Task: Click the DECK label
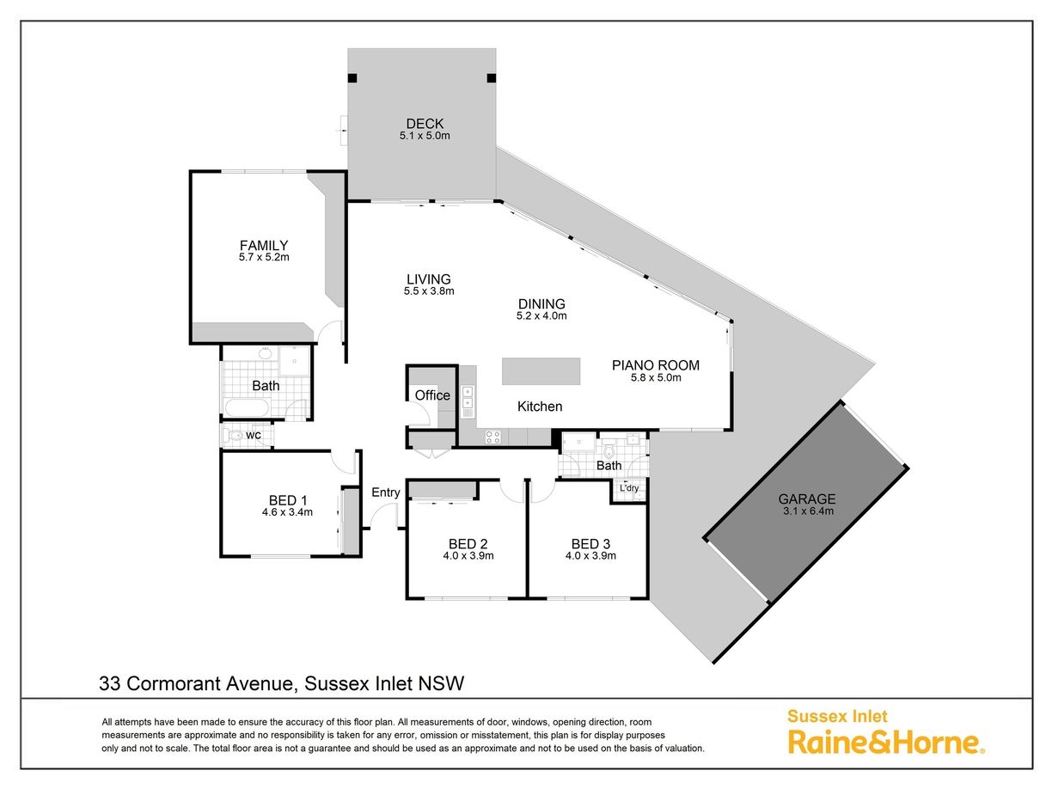coord(425,124)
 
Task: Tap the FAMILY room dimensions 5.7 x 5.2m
coord(264,257)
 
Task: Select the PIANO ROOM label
coord(655,365)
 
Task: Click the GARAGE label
coord(807,499)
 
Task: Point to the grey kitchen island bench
coord(541,371)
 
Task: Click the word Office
coord(432,395)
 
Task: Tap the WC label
coord(253,436)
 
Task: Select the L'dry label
coord(629,488)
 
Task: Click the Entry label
coord(386,492)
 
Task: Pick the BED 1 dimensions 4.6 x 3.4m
coord(287,512)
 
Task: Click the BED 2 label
coord(468,544)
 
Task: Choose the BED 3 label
coord(590,544)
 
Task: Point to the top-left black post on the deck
coord(352,78)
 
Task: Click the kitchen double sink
coord(468,398)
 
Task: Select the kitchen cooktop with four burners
coord(493,437)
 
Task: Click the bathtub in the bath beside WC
coord(247,408)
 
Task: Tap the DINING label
coord(541,304)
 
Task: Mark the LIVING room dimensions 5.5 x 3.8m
coord(429,291)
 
